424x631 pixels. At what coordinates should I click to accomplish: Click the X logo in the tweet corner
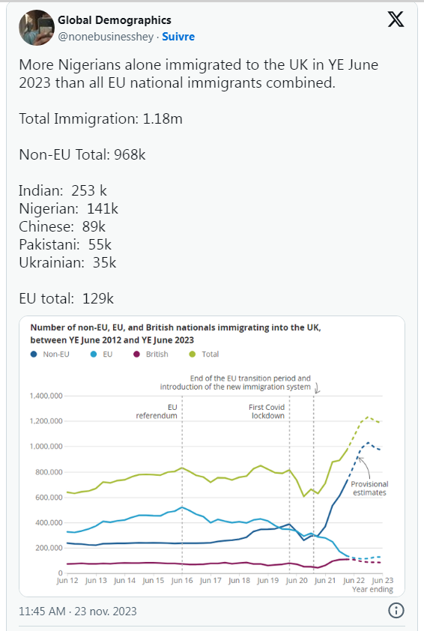point(396,19)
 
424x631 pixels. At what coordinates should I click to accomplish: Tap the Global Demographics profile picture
point(37,28)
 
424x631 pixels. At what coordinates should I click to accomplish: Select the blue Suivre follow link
point(178,37)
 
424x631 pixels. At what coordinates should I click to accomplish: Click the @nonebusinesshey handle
point(106,37)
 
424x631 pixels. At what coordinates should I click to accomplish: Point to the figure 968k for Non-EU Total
point(130,154)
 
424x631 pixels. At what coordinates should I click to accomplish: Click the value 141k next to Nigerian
point(103,208)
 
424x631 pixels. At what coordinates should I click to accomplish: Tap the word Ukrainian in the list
point(52,262)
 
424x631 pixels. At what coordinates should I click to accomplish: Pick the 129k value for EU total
point(98,298)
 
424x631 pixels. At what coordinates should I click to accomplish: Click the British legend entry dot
point(137,354)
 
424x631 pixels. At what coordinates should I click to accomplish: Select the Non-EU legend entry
point(50,354)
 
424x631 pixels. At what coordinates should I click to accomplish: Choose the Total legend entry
point(204,354)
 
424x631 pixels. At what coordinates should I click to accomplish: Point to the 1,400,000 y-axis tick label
point(46,396)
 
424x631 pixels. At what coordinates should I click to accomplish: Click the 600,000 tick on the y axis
point(49,498)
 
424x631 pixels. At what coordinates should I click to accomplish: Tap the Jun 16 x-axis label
point(182,580)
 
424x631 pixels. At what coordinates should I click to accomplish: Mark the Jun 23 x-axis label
point(382,580)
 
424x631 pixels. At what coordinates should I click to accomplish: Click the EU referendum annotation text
point(157,411)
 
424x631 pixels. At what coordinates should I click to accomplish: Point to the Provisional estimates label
point(369,488)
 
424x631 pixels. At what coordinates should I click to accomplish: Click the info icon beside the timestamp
point(396,611)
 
